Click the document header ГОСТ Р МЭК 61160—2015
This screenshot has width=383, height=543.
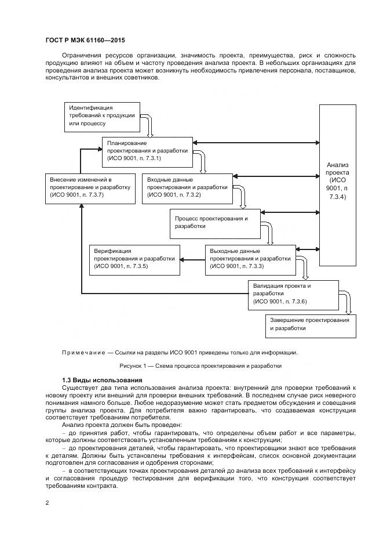(85, 40)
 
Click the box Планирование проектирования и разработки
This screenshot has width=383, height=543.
(147, 150)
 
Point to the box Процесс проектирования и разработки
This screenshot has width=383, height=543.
(214, 223)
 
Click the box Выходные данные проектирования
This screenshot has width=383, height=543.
(250, 259)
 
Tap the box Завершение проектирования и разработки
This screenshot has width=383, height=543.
(311, 325)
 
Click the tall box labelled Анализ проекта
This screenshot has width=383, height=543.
(337, 184)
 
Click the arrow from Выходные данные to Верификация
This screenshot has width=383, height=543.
(192, 259)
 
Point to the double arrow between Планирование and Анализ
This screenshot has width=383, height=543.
(256, 142)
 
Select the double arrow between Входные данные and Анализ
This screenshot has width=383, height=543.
(276, 175)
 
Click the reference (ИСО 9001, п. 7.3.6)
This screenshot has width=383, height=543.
(280, 302)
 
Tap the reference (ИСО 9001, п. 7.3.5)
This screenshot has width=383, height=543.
(121, 266)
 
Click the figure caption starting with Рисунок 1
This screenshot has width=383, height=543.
(200, 366)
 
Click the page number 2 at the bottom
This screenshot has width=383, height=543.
(46, 502)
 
